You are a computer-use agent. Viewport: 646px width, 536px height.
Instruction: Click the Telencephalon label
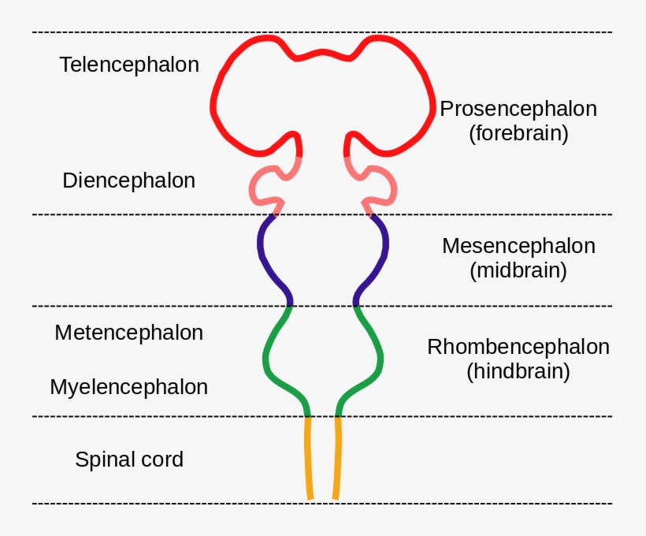[129, 65]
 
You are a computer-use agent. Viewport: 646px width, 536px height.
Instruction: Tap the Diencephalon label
[128, 181]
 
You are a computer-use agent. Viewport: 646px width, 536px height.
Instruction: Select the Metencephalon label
[128, 333]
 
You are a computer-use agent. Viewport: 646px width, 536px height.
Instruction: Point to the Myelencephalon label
[128, 388]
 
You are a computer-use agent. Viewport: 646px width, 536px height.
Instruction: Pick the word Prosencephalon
[518, 109]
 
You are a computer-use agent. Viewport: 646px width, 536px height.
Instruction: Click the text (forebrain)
[518, 133]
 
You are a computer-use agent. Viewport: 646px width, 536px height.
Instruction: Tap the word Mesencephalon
[518, 246]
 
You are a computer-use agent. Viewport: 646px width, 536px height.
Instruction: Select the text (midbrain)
[518, 270]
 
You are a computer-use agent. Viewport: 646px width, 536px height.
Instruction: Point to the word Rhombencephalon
[518, 347]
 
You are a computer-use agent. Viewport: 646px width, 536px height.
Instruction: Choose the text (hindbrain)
[518, 371]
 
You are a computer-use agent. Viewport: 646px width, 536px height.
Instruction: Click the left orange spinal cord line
[308, 457]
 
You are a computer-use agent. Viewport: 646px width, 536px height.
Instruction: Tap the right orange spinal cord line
[337, 457]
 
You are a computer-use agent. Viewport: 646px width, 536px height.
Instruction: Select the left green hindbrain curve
[266, 359]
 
